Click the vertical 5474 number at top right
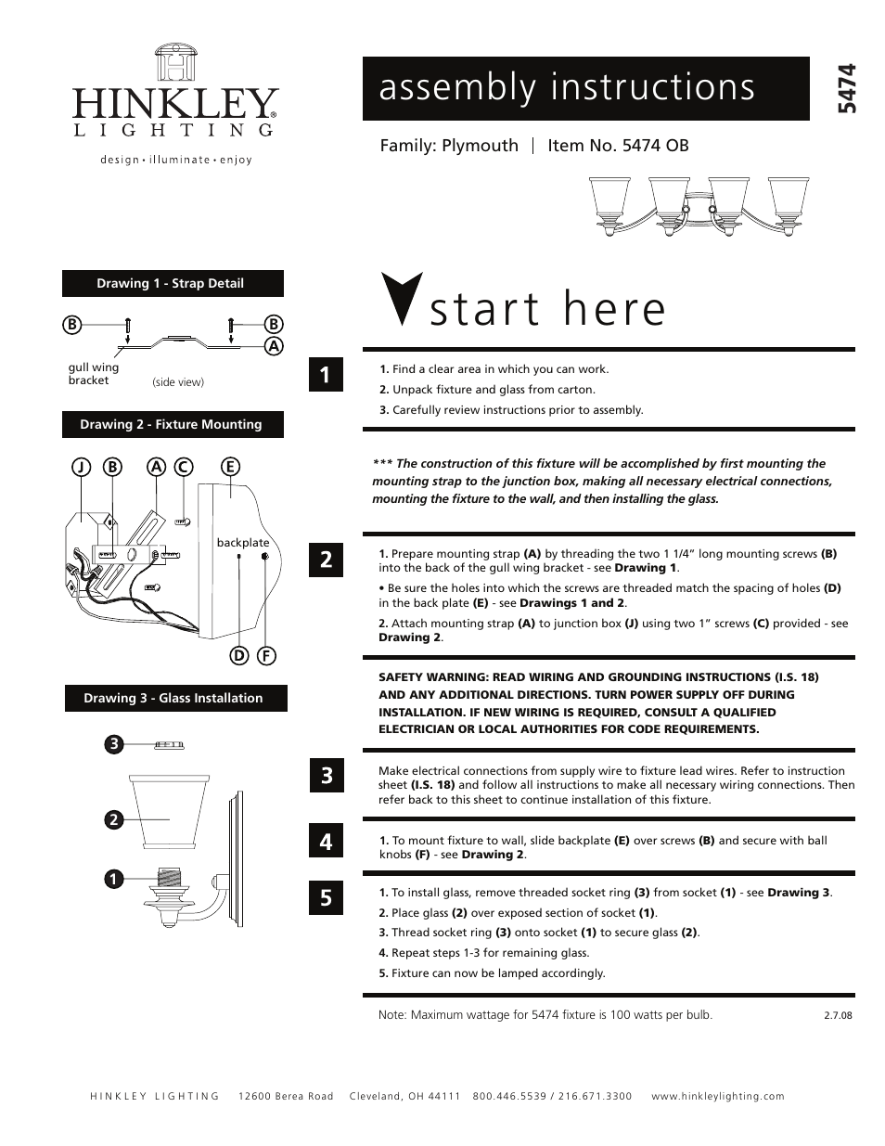(845, 89)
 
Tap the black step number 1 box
(326, 375)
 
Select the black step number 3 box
(326, 775)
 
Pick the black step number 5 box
(326, 897)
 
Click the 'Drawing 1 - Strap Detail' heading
(172, 284)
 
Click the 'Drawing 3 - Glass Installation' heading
(174, 699)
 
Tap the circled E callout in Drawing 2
(228, 467)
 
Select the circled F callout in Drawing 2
(266, 656)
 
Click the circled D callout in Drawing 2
(239, 656)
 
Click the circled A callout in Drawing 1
(273, 346)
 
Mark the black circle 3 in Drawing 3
(113, 744)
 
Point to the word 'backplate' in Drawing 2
(243, 543)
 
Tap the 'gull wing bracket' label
(93, 374)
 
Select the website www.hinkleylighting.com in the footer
(717, 1096)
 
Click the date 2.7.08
(837, 1015)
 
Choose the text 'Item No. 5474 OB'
(618, 146)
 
